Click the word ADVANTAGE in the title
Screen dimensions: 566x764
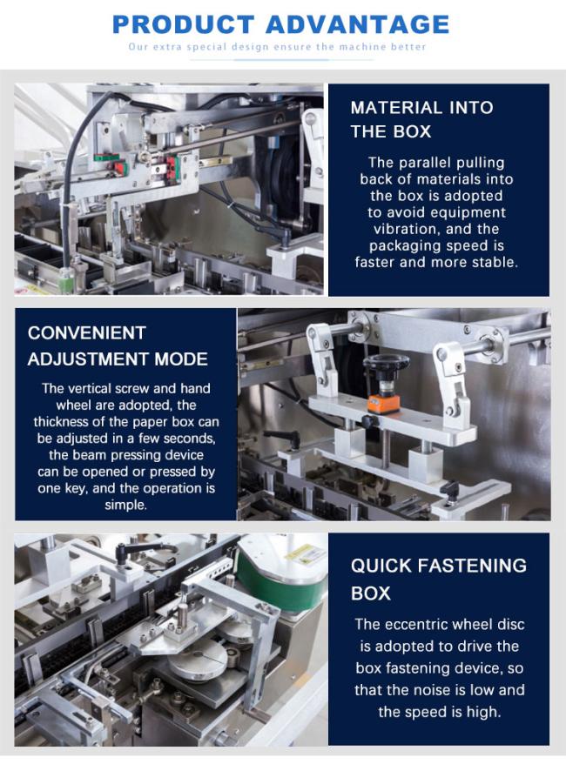point(358,24)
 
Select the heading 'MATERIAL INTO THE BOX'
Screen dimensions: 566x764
point(421,119)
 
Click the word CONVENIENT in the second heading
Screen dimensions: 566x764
point(87,332)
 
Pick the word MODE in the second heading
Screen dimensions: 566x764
point(181,359)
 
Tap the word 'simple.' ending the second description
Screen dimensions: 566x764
point(125,505)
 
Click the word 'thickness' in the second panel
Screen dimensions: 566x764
point(59,421)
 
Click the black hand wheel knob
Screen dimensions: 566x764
point(387,363)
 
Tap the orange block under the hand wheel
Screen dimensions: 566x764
point(383,404)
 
